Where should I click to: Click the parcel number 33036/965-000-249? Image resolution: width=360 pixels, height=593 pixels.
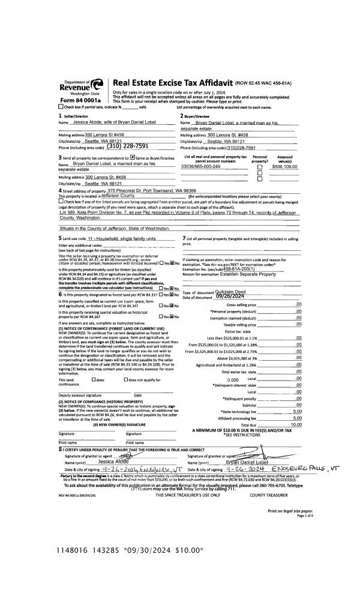(x=201, y=166)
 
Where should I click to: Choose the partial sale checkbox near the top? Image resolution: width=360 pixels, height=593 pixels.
(x=60, y=106)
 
